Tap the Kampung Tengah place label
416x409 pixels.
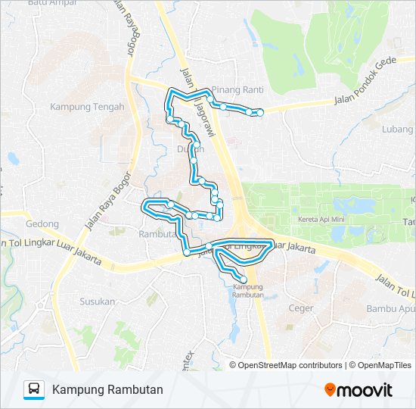pos(87,107)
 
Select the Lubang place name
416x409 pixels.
pos(397,129)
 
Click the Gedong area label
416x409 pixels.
pos(42,224)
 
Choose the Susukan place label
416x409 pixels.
pos(98,301)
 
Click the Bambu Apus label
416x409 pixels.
pos(390,308)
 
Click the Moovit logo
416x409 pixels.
pos(359,390)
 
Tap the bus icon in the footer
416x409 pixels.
pos(34,390)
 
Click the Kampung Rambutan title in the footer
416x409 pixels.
pos(107,390)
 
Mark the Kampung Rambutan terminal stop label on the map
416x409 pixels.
pos(248,291)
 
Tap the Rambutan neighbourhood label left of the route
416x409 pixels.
pos(157,234)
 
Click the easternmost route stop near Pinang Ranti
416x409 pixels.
pos(260,113)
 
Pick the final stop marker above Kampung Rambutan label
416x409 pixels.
pos(243,279)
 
